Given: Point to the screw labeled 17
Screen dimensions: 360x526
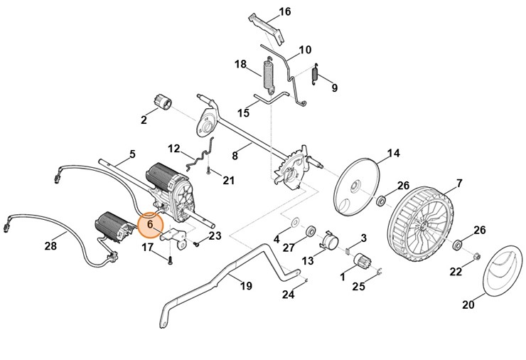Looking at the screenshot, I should click(171, 260).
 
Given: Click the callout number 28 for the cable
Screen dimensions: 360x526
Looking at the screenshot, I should click(50, 246).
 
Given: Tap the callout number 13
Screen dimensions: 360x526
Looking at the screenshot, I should click(307, 262).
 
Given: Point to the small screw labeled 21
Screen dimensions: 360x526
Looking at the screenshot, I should click(208, 171).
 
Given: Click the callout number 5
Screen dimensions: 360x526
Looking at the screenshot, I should click(131, 154).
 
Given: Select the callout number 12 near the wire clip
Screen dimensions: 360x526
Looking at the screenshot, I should click(175, 149).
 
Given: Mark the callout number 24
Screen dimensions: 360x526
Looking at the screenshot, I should click(288, 294).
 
